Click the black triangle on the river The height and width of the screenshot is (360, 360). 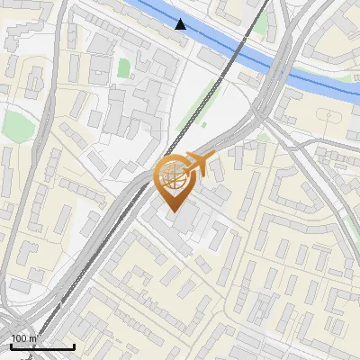181,24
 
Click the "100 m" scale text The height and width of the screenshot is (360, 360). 23,338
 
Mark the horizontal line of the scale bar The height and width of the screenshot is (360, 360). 42,346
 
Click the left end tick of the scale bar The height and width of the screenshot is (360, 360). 11,345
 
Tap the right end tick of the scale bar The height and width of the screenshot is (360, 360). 74,345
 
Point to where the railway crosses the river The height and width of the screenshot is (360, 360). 245,48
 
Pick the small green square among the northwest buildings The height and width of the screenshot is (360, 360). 123,67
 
